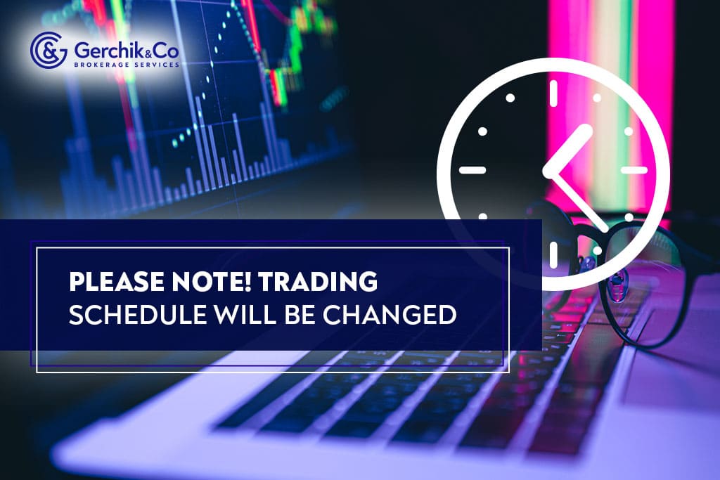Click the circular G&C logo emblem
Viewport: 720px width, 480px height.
tap(45, 47)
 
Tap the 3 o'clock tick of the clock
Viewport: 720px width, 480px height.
tap(634, 170)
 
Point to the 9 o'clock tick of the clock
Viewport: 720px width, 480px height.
tap(472, 170)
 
